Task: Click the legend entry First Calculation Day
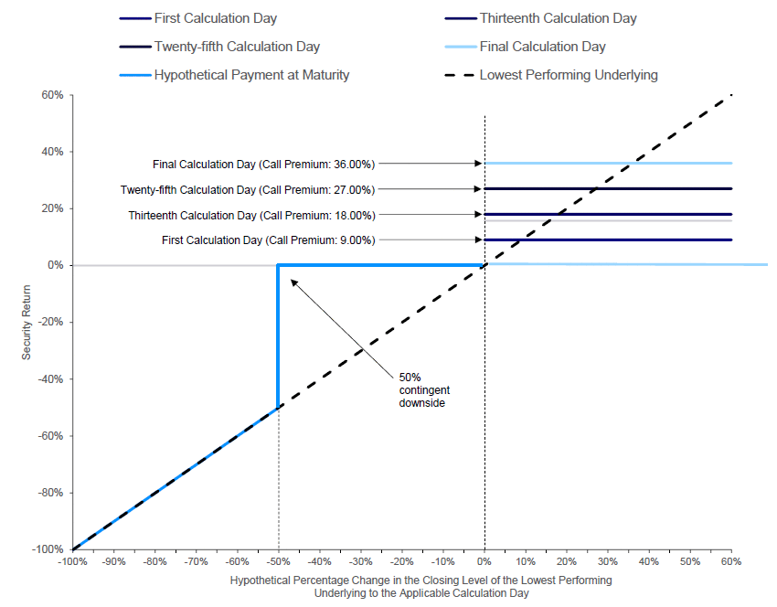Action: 198,18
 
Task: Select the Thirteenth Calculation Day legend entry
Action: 540,18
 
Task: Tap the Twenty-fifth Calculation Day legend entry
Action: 219,47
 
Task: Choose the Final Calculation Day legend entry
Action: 526,47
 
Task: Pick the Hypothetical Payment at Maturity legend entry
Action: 234,75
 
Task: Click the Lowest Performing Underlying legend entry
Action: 551,75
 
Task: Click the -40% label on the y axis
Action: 51,379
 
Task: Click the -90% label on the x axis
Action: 114,561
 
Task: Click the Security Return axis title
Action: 26,322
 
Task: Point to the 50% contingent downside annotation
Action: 424,390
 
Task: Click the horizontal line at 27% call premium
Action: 608,189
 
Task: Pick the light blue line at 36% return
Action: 608,163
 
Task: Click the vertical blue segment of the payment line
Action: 278,336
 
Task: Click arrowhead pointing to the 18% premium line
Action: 478,215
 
